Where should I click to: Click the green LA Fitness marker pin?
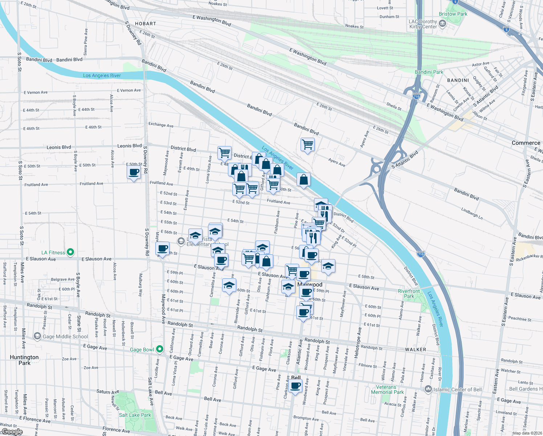pyautogui.click(x=71, y=252)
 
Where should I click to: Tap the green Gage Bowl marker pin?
pyautogui.click(x=159, y=350)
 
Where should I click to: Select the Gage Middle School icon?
pyautogui.click(x=37, y=336)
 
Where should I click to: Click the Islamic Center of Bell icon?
pyautogui.click(x=428, y=389)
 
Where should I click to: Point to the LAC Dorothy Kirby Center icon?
pyautogui.click(x=442, y=24)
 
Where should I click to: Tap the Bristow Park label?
pyautogui.click(x=453, y=14)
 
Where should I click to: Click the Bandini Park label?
pyautogui.click(x=429, y=72)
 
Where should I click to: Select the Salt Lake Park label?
pyautogui.click(x=135, y=415)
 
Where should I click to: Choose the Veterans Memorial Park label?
pyautogui.click(x=387, y=389)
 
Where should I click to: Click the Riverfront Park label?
pyautogui.click(x=409, y=294)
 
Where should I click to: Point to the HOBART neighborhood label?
pyautogui.click(x=145, y=24)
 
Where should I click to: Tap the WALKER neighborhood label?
pyautogui.click(x=416, y=350)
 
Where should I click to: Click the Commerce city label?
pyautogui.click(x=526, y=143)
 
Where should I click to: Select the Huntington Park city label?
pyautogui.click(x=24, y=360)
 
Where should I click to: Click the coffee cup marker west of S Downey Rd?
pyautogui.click(x=134, y=172)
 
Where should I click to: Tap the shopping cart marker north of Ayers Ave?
pyautogui.click(x=307, y=144)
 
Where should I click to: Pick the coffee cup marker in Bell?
pyautogui.click(x=295, y=386)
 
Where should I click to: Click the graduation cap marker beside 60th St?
pyautogui.click(x=229, y=286)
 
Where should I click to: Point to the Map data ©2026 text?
pyautogui.click(x=527, y=433)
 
